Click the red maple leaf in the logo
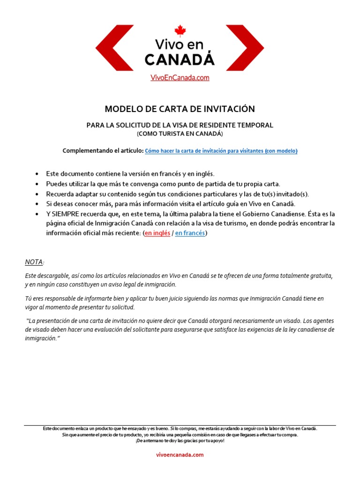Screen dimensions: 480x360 click(180, 31)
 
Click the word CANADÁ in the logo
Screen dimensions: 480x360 click(180, 60)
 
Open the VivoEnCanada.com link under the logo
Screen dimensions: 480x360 click(180, 78)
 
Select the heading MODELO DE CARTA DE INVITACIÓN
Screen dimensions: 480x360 click(180, 109)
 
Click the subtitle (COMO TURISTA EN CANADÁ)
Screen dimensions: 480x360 click(180, 134)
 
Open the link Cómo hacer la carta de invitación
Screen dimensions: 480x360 click(221, 151)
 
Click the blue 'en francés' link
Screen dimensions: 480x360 click(190, 233)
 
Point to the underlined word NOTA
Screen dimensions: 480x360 click(34, 261)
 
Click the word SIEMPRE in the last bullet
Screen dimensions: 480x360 click(67, 214)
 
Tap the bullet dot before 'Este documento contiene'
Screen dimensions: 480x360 click(37, 174)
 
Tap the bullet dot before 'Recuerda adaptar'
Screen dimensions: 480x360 click(37, 194)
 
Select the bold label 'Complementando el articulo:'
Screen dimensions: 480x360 click(103, 150)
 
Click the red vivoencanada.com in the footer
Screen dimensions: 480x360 click(180, 455)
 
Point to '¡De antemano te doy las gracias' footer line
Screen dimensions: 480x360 click(180, 441)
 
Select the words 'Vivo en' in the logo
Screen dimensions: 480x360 click(180, 45)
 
